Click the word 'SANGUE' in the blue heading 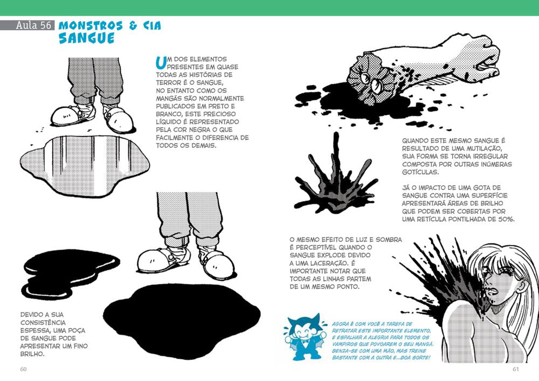tap(86, 39)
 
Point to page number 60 tap(23, 369)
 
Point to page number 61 tap(515, 369)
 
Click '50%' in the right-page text tap(505, 219)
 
